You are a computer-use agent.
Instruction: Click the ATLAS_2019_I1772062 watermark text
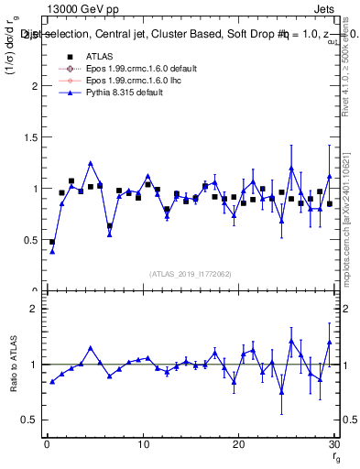[191, 274]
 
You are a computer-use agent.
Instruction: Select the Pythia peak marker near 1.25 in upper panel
[91, 163]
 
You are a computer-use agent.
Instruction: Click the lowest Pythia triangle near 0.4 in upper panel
[52, 251]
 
